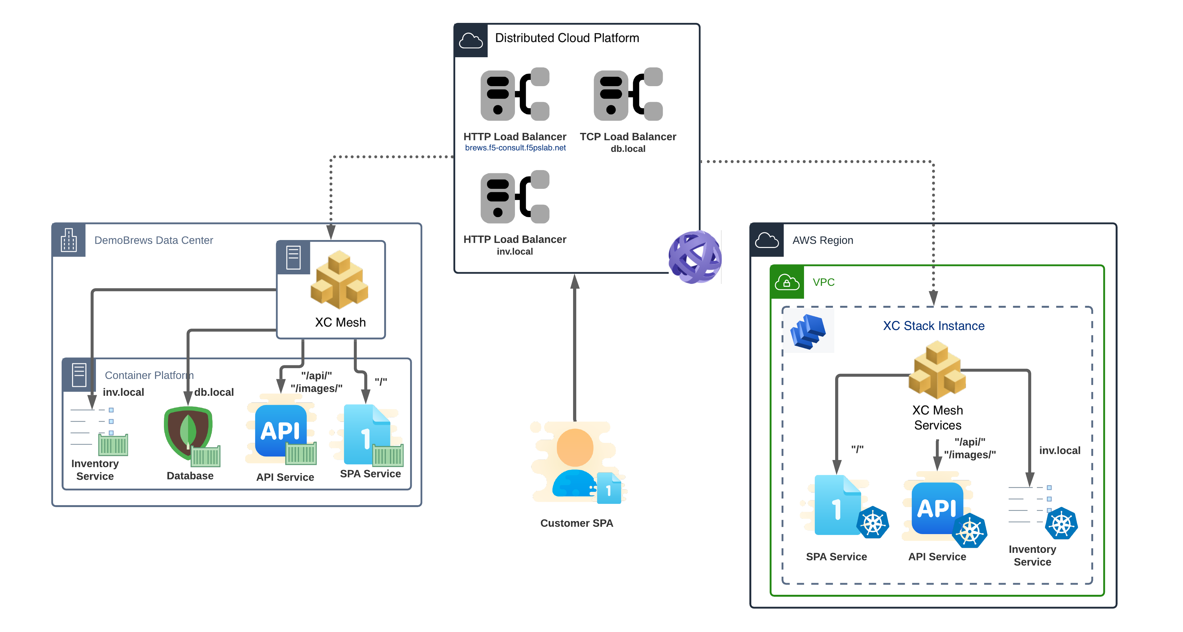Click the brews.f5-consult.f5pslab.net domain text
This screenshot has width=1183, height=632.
tap(515, 148)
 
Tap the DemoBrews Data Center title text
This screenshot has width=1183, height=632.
tap(153, 240)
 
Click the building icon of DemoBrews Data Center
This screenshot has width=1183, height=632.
tap(69, 240)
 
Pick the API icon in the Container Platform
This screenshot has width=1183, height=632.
tap(281, 431)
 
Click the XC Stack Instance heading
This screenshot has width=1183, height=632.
tap(934, 326)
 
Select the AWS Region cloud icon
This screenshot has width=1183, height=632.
tap(767, 240)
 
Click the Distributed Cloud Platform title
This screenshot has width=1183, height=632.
tap(567, 38)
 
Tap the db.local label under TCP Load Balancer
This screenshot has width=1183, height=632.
tap(628, 149)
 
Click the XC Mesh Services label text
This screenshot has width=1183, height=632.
tap(937, 417)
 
